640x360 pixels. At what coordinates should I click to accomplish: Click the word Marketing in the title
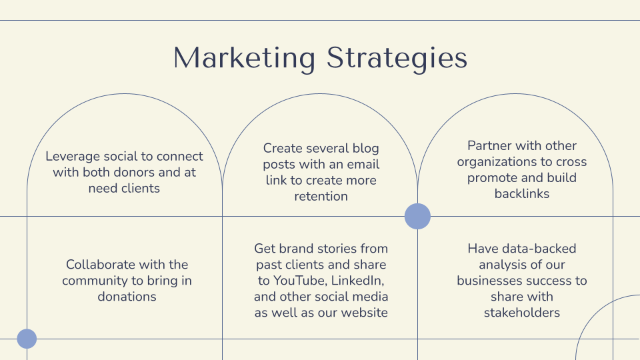(x=245, y=59)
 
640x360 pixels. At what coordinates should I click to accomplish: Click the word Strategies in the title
(x=397, y=59)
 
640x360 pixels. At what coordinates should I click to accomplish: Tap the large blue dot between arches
(x=417, y=216)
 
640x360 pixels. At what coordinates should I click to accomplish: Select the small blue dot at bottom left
(x=27, y=339)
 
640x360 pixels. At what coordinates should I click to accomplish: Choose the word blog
(x=366, y=149)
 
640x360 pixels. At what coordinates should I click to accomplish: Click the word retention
(x=321, y=196)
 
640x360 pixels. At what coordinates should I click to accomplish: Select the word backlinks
(x=522, y=193)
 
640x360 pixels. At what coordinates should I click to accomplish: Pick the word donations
(x=127, y=296)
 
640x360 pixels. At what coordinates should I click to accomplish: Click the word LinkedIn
(x=357, y=281)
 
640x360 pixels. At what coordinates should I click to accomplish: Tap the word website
(x=365, y=313)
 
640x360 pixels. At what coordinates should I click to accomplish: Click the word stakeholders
(x=522, y=313)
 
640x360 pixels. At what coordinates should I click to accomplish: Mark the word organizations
(x=489, y=162)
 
